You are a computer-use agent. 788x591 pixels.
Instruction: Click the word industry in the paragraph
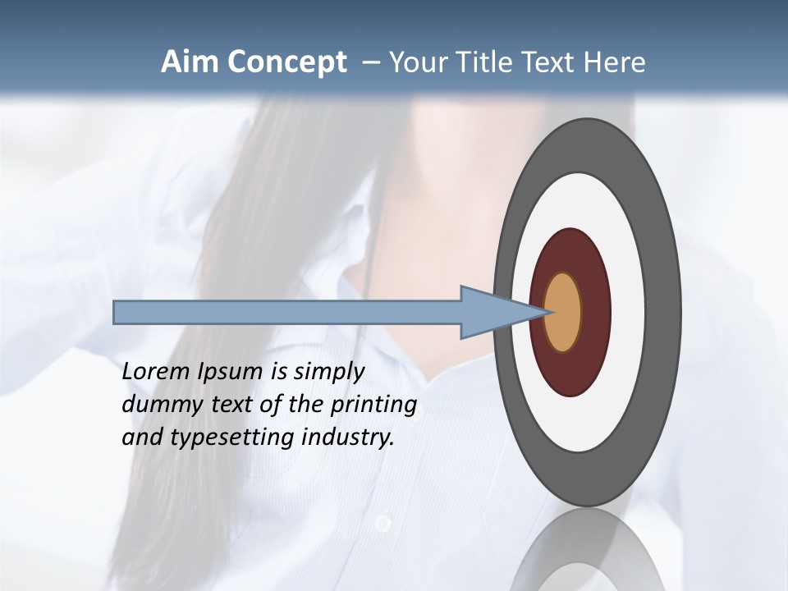pyautogui.click(x=348, y=437)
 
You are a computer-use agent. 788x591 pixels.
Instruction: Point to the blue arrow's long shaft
pyautogui.click(x=287, y=312)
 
